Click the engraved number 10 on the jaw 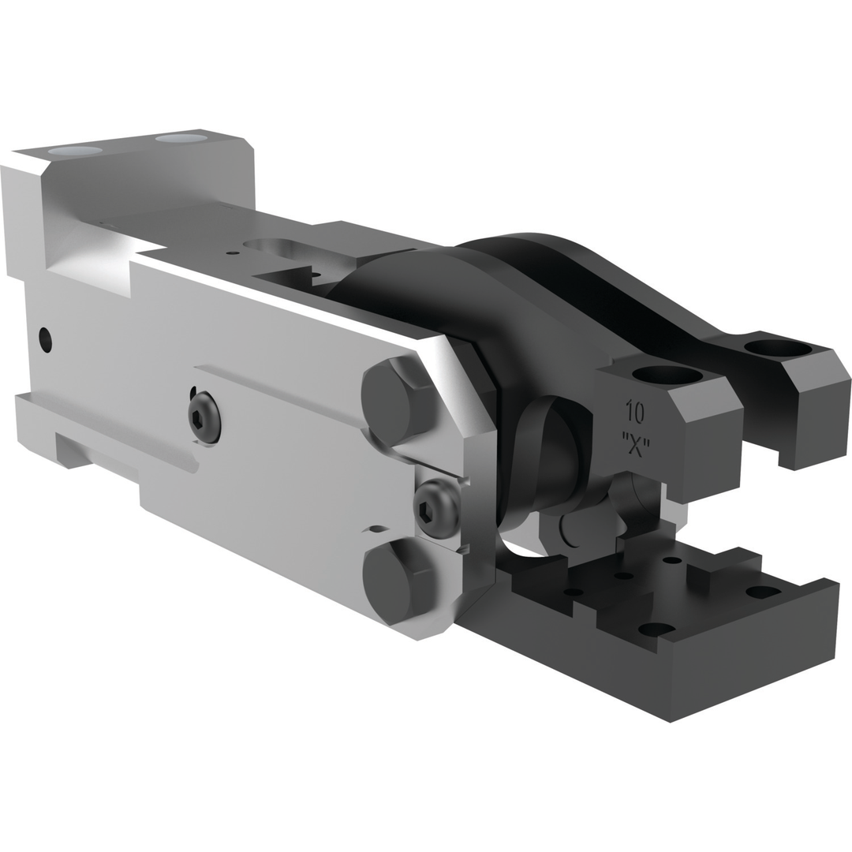click(634, 411)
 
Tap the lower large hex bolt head click(397, 581)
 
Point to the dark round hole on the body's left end click(45, 339)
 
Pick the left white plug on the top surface click(75, 151)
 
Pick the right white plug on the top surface click(181, 139)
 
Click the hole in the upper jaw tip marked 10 click(667, 376)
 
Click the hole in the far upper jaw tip click(777, 348)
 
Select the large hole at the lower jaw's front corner click(656, 629)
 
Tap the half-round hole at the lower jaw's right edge click(763, 592)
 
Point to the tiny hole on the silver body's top click(232, 253)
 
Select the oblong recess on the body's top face click(272, 245)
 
